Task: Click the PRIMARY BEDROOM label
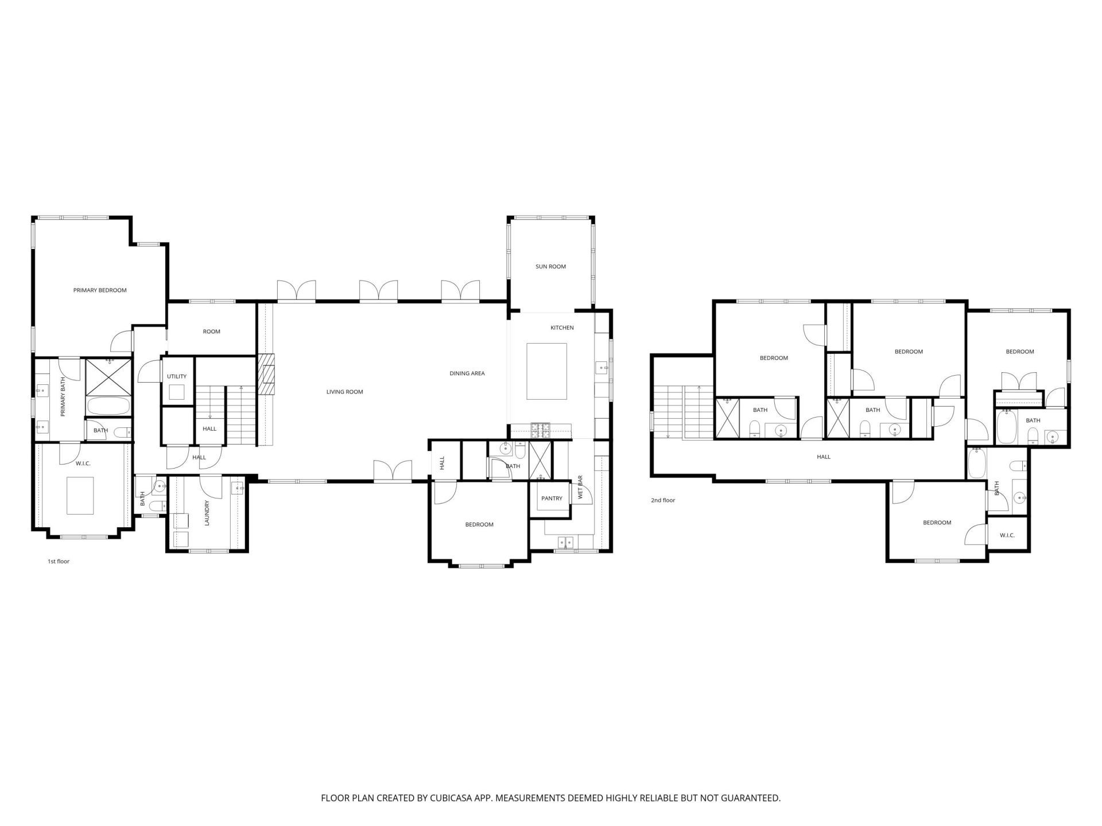[100, 290]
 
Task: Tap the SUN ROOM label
[550, 267]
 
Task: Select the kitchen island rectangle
[547, 371]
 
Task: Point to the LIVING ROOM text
[344, 392]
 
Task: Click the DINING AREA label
[467, 373]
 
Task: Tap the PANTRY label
[552, 498]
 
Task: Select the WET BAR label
[580, 486]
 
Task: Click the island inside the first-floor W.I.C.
[80, 495]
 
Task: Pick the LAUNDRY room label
[207, 513]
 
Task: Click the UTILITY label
[177, 377]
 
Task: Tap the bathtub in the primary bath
[108, 406]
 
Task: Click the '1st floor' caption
[59, 562]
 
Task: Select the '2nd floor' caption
[663, 500]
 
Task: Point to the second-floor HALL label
[824, 457]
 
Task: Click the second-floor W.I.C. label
[1007, 535]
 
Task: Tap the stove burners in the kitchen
[540, 427]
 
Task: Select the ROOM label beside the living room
[211, 332]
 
